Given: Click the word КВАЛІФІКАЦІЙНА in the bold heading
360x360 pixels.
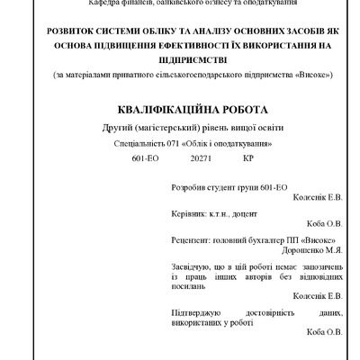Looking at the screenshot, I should pos(148,109).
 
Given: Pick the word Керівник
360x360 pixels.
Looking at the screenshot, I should pos(189,215).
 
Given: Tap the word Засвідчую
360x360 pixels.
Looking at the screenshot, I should pos(193,266).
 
